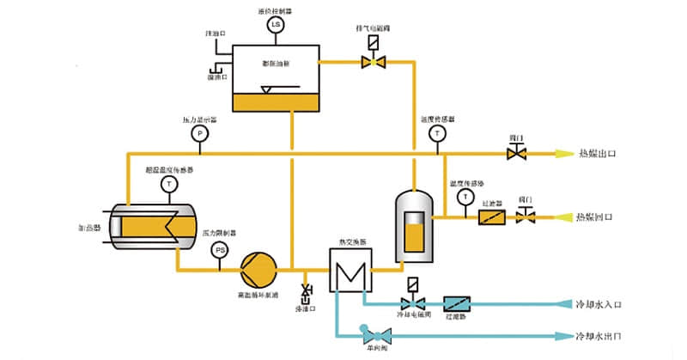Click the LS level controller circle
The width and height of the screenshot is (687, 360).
coord(276,25)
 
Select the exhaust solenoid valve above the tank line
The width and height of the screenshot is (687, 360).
coord(373,61)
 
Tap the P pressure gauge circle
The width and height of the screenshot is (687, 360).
coord(199,134)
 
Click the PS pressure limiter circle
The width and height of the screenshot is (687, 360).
coord(220,250)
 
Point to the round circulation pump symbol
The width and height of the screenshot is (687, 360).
coord(256,268)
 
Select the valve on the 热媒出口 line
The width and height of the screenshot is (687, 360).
coord(517,154)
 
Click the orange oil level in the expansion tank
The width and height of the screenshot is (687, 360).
coord(276,102)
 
